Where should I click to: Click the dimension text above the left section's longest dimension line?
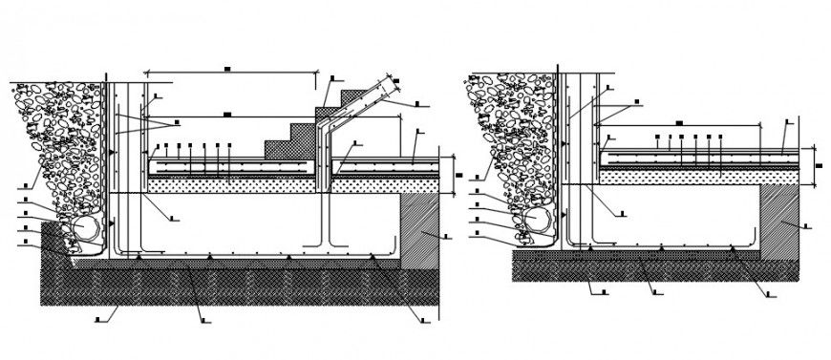point(228,68)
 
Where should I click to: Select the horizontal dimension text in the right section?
point(677,122)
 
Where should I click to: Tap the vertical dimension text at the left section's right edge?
point(458,175)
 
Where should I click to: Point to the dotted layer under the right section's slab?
point(697,176)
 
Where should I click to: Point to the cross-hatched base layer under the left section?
point(239,286)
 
